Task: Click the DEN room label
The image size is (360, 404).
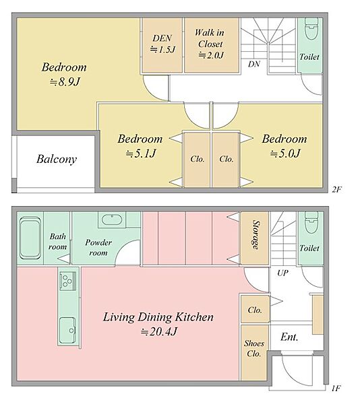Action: coord(162,38)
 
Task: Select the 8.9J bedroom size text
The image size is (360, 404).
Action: coord(65,82)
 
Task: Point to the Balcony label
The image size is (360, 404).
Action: coord(57,159)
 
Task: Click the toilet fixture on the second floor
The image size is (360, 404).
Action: coord(311,28)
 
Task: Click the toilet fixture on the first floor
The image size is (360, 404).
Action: coord(311,223)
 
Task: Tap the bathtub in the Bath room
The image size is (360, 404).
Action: coord(30,238)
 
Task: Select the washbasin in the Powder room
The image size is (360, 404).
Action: coord(111,220)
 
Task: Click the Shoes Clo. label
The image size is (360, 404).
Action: coord(254,348)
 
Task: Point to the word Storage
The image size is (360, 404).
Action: coord(256,235)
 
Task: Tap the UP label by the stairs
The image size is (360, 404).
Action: coord(283,273)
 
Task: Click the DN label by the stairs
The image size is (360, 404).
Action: coord(254,64)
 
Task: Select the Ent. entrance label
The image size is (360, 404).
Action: coord(289,337)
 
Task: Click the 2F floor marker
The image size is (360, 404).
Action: coord(337,190)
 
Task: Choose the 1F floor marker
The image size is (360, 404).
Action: coord(337,388)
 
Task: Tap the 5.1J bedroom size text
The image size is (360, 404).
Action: coord(141,154)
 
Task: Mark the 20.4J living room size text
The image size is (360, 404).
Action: coord(159,331)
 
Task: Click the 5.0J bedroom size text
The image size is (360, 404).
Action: coord(285,154)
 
